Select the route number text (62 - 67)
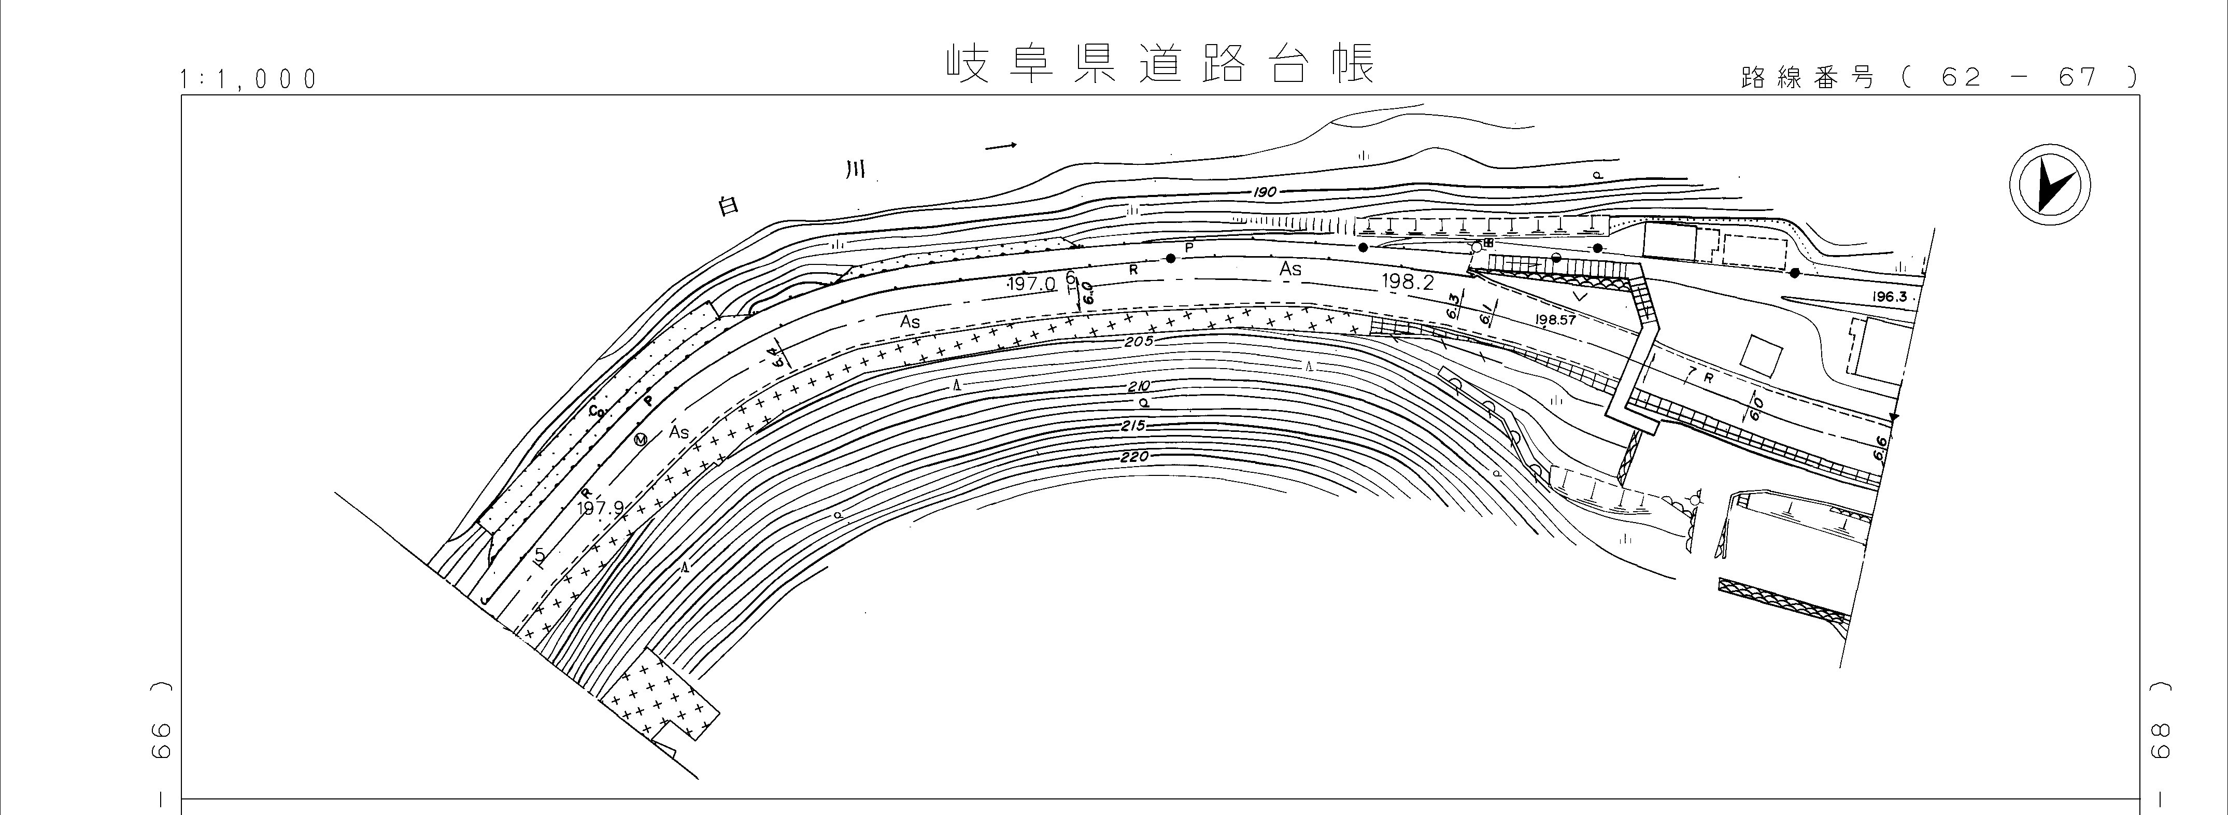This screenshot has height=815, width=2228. pyautogui.click(x=1937, y=78)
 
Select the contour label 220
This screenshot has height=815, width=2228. pyautogui.click(x=1133, y=457)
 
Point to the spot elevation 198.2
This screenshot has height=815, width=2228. pyautogui.click(x=1408, y=282)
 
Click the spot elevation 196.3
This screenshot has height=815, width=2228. pyautogui.click(x=1889, y=296)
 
